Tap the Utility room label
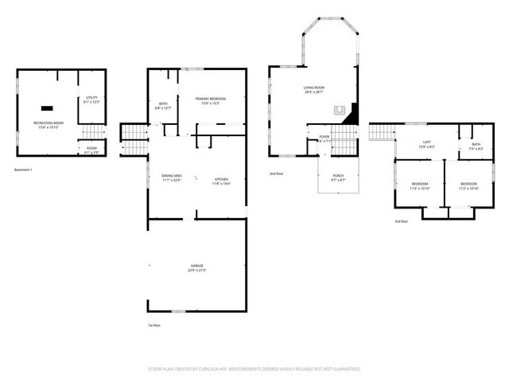point(91,99)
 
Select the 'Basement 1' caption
point(24,170)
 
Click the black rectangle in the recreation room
point(48,106)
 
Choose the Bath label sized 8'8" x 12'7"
point(162,105)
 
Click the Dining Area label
point(172,178)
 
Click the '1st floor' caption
point(153,325)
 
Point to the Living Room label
point(314,90)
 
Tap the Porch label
point(338,178)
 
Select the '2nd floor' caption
point(277,173)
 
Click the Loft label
point(426,145)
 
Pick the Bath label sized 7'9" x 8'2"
point(476,146)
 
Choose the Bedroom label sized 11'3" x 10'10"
point(420,186)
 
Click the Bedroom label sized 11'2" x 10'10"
point(469,186)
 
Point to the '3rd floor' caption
point(402,221)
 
